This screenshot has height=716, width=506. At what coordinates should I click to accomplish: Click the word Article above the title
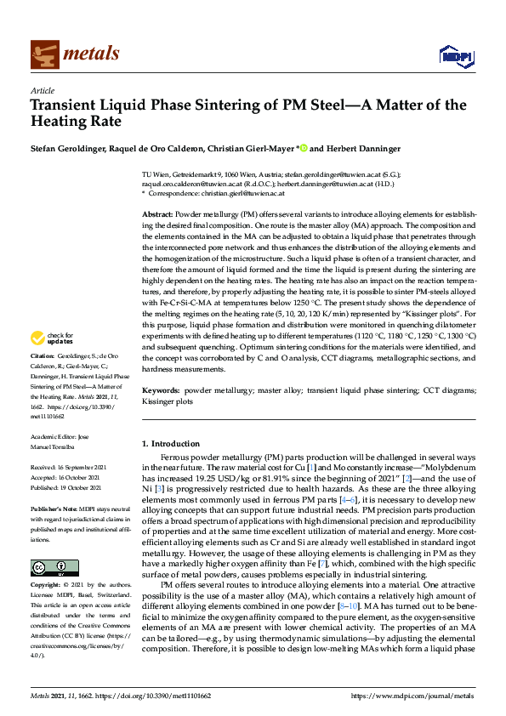click(42, 90)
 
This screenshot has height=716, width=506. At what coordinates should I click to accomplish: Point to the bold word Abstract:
click(158, 214)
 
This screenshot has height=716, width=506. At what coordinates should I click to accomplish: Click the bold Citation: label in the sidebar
click(42, 355)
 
